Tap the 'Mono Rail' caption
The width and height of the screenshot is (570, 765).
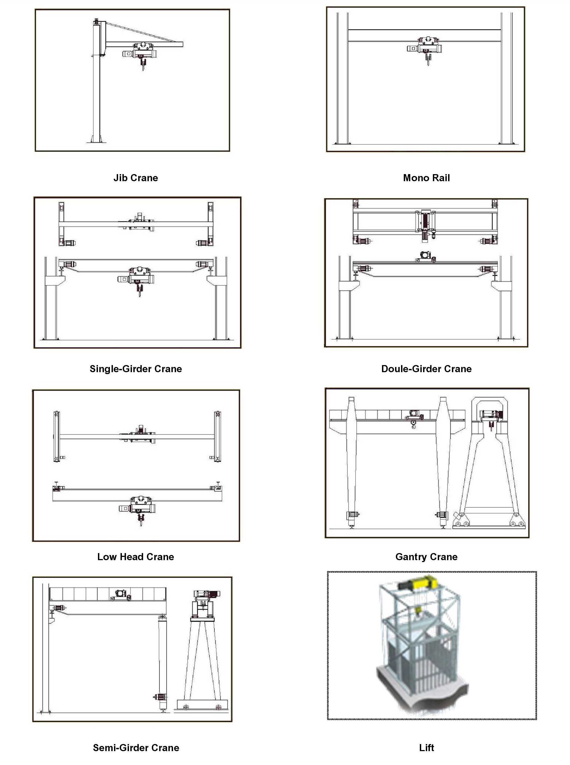point(426,178)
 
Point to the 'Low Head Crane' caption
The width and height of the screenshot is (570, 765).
point(135,557)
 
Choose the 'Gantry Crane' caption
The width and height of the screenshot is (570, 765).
point(426,557)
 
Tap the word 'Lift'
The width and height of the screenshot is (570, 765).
point(426,748)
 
